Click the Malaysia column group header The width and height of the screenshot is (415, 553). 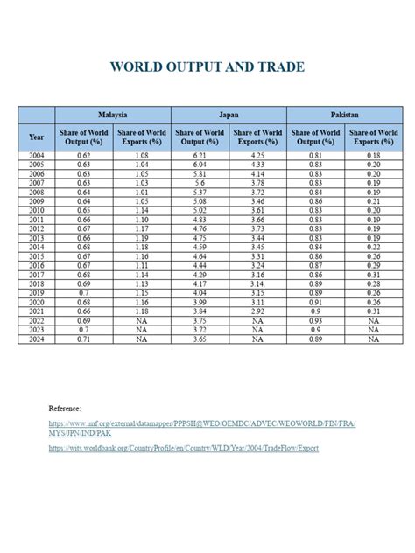click(113, 115)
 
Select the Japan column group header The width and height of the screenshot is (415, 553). click(229, 115)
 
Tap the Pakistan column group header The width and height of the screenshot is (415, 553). click(344, 115)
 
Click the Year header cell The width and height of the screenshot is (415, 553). click(37, 136)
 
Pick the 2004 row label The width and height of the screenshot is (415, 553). click(37, 155)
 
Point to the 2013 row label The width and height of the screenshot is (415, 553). click(37, 238)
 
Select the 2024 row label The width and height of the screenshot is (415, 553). click(37, 339)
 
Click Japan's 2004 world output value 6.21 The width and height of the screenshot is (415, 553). click(200, 155)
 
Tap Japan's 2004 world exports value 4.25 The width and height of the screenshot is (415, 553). click(257, 155)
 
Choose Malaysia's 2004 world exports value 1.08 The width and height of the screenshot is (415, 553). click(142, 155)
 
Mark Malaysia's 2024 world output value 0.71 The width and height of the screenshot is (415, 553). click(84, 339)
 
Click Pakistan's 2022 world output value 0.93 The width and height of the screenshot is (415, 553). click(315, 320)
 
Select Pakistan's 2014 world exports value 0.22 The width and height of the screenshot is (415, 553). click(374, 247)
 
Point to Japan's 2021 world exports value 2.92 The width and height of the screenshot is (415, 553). click(257, 311)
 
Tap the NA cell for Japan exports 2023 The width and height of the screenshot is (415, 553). click(257, 330)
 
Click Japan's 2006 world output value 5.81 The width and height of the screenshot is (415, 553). click(200, 173)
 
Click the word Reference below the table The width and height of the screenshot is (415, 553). click(65, 408)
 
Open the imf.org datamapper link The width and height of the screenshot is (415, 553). click(201, 424)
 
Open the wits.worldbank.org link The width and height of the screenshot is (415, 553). click(184, 449)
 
